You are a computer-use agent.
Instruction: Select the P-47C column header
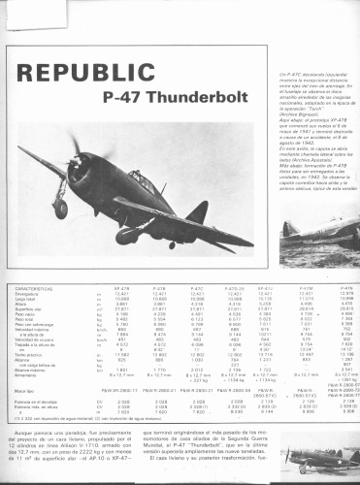(198, 288)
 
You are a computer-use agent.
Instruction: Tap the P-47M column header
(303, 288)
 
